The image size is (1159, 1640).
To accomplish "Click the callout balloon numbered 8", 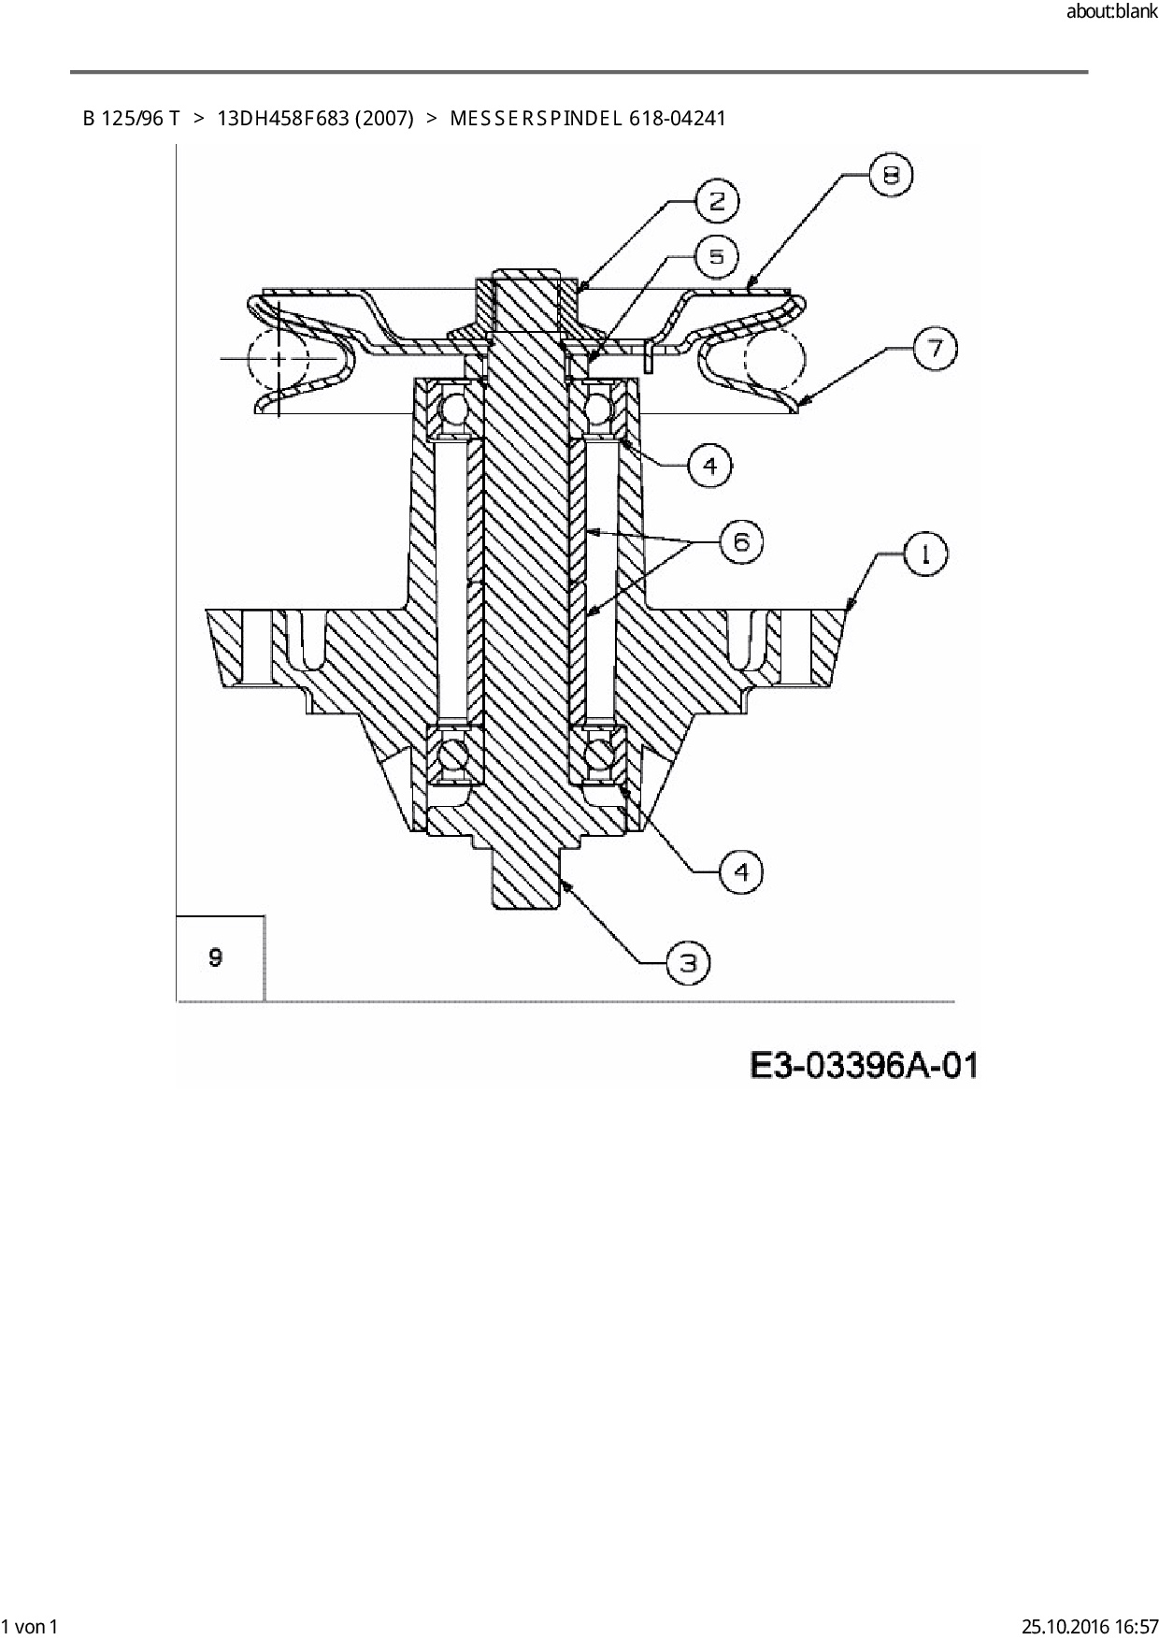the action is tap(891, 176).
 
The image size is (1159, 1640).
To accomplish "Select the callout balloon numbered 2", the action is tap(718, 201).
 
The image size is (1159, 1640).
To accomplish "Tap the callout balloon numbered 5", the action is tap(717, 256).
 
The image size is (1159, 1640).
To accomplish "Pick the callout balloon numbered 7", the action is tap(935, 349).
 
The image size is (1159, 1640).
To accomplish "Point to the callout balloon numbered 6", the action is tap(741, 541).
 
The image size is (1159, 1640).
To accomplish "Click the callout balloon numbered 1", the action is tap(926, 554).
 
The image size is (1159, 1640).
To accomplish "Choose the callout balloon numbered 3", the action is tap(688, 962).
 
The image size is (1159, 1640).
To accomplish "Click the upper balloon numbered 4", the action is tap(710, 465).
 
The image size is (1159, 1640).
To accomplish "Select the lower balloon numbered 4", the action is tap(741, 872).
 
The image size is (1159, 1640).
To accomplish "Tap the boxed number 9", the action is tap(216, 957).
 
